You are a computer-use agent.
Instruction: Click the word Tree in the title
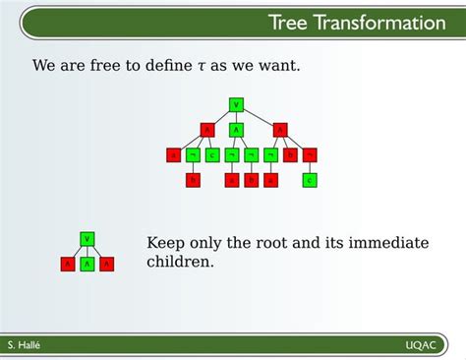tap(291, 23)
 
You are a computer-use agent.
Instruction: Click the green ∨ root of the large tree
tap(236, 103)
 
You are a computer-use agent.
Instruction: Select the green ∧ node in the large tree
tap(236, 129)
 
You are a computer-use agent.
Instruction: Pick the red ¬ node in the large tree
tap(310, 154)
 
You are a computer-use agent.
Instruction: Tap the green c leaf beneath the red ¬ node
tap(310, 180)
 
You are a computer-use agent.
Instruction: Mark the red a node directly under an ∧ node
tap(173, 154)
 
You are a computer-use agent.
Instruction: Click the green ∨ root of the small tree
tap(87, 238)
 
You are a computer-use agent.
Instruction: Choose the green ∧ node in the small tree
tap(87, 264)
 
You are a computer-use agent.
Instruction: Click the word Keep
tap(165, 244)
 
